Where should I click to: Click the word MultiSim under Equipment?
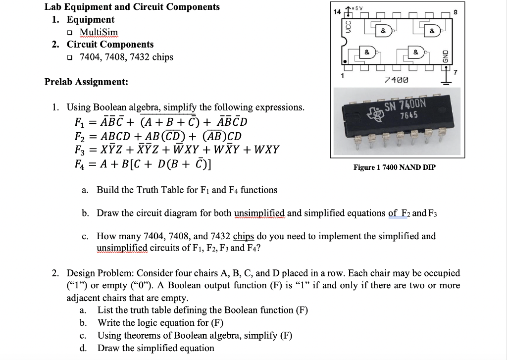coord(99,32)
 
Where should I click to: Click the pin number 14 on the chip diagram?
coord(337,11)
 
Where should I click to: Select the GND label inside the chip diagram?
coord(444,53)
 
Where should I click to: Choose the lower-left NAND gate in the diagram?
coord(368,51)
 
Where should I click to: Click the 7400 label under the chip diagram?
coord(396,79)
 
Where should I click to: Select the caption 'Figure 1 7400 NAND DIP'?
coord(394,167)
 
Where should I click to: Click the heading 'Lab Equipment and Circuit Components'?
coord(132,7)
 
